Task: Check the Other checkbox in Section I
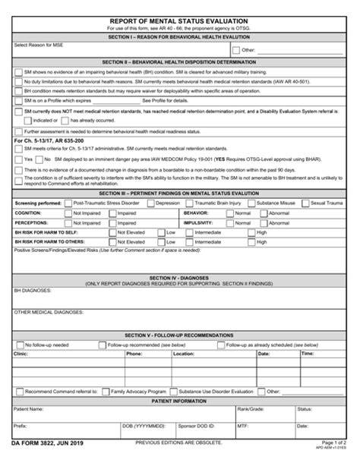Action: pos(235,50)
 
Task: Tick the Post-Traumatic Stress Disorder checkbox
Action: pos(67,203)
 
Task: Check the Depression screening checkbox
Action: pos(148,203)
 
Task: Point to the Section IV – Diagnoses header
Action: pos(180,278)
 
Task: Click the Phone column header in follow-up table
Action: pos(134,353)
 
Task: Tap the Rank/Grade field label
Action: pos(251,408)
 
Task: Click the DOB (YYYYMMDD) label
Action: pos(142,426)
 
